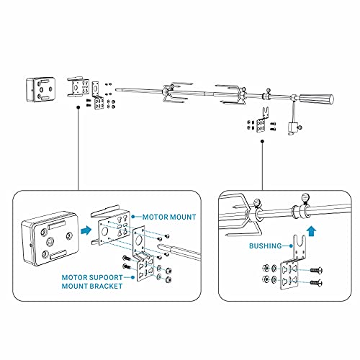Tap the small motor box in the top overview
pos(42,89)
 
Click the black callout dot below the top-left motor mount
pos(76,104)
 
